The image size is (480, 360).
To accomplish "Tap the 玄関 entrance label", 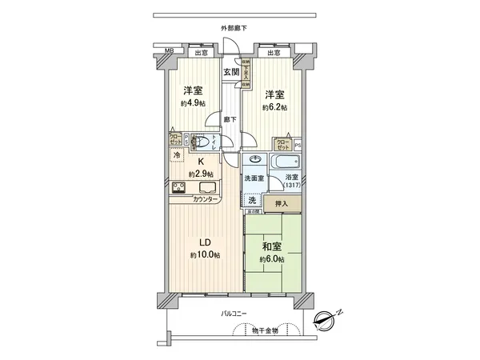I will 232,70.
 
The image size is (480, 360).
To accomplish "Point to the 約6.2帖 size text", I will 274,106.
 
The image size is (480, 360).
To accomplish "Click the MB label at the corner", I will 169,53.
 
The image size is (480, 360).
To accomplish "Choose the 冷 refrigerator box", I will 178,155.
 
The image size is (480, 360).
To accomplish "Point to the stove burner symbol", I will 179,190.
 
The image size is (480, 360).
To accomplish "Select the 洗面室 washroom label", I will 255,178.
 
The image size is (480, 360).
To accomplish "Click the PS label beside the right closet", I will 297,145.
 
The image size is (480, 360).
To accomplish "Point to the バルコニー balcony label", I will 234,314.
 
